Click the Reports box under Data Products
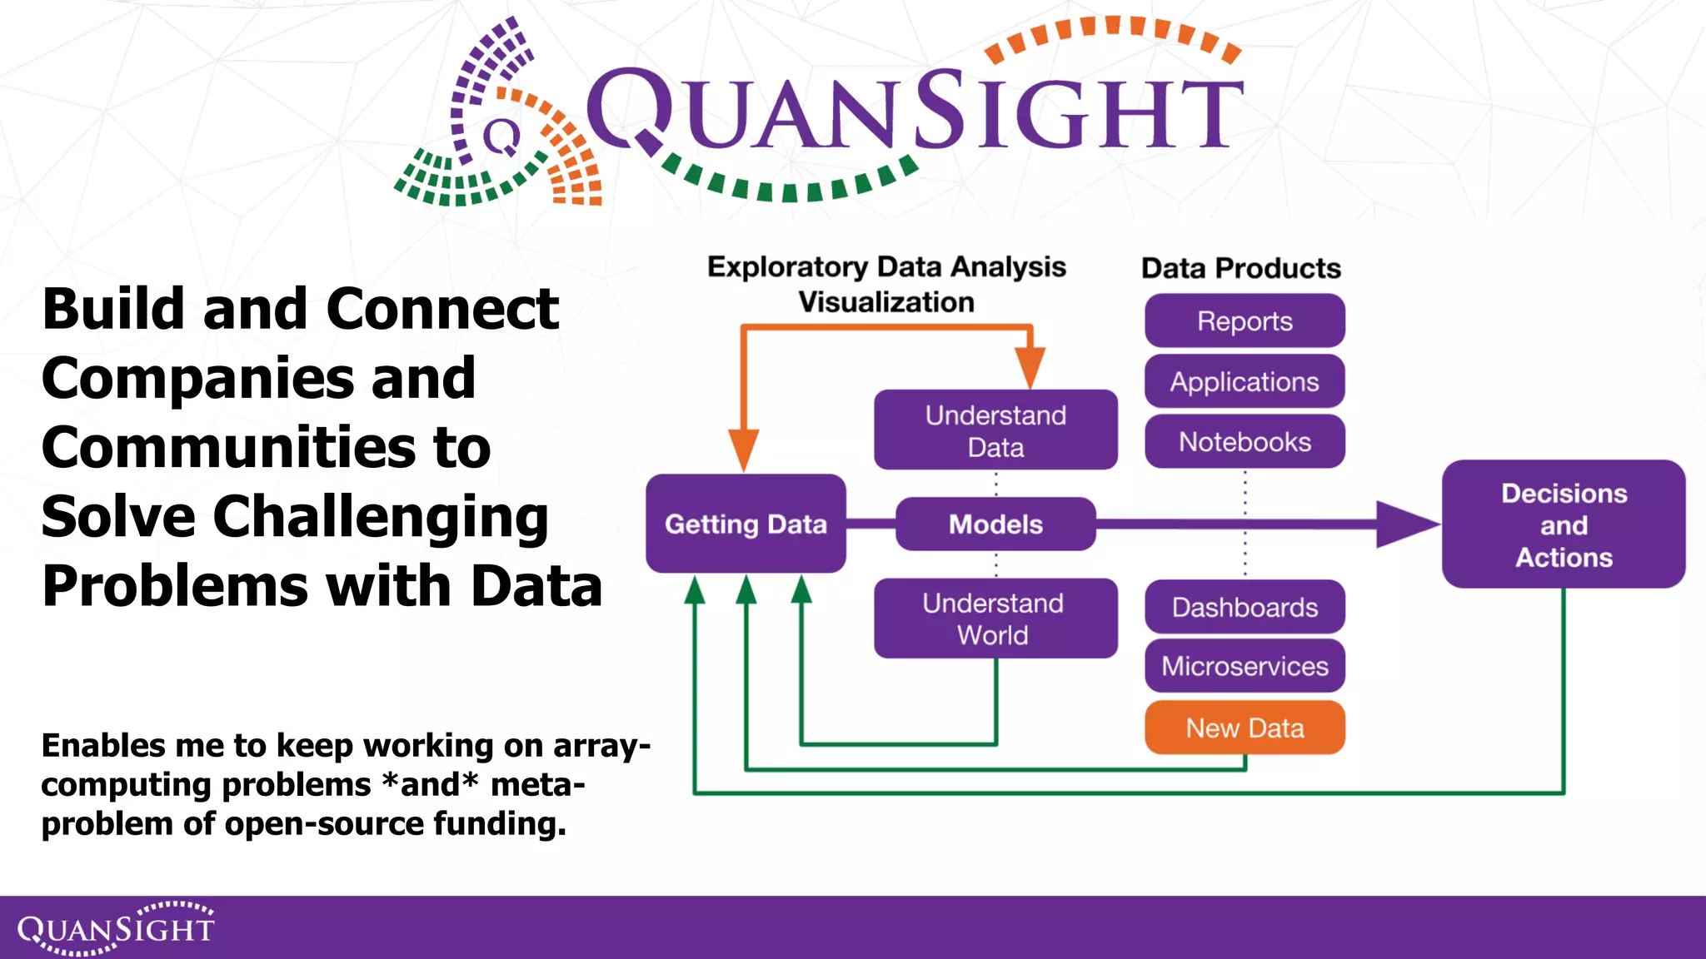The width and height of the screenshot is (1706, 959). tap(1245, 320)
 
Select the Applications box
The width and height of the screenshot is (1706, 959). tap(1245, 381)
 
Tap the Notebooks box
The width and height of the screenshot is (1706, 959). tap(1245, 441)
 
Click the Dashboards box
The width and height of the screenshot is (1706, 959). tap(1245, 607)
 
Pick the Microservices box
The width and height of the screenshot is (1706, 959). tap(1245, 666)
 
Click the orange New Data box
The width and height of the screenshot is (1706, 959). tap(1245, 728)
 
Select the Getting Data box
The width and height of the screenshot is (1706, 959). tap(746, 524)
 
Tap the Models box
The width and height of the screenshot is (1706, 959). tap(995, 524)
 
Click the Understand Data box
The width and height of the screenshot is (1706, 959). tap(995, 430)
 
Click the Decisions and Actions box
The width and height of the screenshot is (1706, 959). tap(1564, 524)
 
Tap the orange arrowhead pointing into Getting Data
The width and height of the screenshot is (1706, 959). tap(743, 450)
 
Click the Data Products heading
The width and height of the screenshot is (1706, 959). tap(1240, 268)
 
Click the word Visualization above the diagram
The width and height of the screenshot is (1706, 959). tap(886, 302)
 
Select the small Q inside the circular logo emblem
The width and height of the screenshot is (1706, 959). tap(501, 137)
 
